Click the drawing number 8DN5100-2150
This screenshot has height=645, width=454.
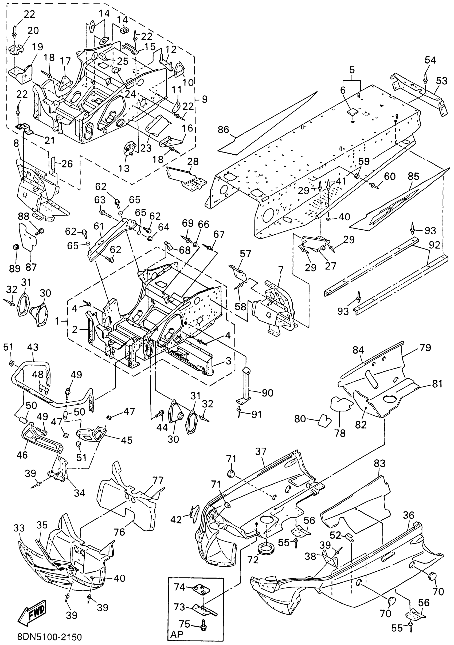click(x=49, y=636)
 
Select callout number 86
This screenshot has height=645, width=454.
click(x=224, y=130)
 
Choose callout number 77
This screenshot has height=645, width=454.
click(x=158, y=480)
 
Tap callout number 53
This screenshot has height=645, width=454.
click(x=441, y=81)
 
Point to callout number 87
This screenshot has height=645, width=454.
click(x=31, y=267)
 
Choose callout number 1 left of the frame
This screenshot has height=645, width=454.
click(x=57, y=321)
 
